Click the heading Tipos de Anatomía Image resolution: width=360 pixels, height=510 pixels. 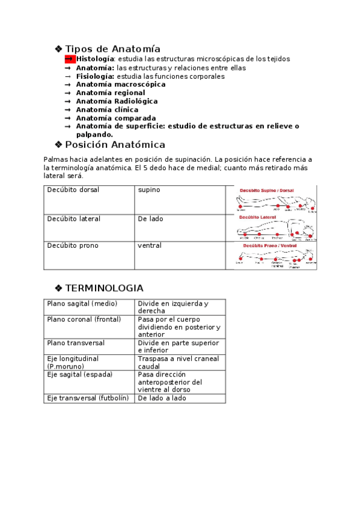112,49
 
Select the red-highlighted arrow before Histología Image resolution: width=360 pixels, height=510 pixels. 69,59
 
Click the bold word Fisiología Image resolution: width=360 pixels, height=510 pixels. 95,76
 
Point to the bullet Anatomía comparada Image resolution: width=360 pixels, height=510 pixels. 107,118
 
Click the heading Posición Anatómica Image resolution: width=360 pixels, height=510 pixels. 115,145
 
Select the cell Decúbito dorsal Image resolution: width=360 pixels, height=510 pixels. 73,190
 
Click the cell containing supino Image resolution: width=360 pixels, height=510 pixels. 149,190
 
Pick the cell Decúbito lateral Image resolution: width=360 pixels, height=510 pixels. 74,219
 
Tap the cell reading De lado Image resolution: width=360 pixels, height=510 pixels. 150,219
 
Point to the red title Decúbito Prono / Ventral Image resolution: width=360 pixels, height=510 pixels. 269,245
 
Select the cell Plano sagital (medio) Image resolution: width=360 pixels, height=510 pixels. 82,304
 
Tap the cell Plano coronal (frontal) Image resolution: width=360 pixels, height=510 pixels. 84,319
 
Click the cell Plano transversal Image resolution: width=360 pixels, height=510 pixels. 76,343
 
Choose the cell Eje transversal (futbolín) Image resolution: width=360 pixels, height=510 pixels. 88,398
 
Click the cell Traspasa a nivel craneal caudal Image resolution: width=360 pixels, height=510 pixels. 178,362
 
